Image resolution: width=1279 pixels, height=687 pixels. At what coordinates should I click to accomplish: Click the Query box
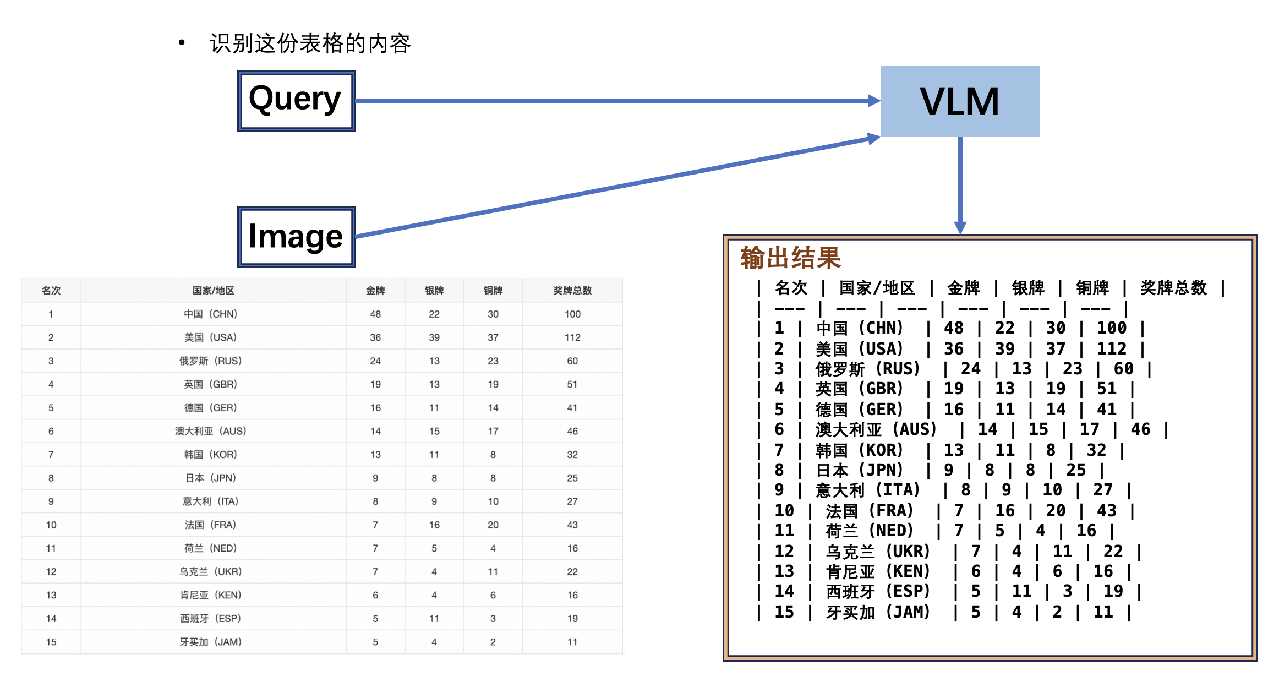(296, 101)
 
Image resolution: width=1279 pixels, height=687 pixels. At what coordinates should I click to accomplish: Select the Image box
(296, 237)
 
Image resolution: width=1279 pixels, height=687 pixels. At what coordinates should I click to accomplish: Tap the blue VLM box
(960, 101)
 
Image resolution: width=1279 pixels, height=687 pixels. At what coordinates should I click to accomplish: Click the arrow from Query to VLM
(616, 101)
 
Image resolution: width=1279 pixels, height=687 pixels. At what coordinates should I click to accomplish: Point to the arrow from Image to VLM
(616, 186)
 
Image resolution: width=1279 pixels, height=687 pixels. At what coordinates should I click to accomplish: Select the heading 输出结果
(790, 258)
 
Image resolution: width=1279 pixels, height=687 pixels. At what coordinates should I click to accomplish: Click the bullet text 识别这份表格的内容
(310, 43)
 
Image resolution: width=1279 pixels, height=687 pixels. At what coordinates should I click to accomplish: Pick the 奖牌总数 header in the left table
(572, 291)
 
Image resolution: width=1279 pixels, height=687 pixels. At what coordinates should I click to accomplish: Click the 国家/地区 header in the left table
(213, 291)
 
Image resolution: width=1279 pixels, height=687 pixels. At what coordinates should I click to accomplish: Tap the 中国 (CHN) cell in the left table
(210, 314)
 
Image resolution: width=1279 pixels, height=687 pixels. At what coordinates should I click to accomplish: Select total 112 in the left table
(572, 337)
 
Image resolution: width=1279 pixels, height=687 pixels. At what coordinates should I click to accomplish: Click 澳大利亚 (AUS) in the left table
(210, 432)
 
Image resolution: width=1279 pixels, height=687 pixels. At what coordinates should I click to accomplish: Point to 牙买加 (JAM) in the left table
(210, 642)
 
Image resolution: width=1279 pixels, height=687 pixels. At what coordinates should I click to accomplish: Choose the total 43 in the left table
(572, 525)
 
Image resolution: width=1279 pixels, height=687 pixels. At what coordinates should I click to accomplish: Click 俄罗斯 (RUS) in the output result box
(867, 369)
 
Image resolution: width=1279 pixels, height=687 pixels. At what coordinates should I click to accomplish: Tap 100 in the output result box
(1112, 328)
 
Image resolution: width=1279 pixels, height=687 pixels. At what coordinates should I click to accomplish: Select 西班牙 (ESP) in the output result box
(877, 592)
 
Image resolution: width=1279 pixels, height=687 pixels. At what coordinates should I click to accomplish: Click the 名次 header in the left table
(51, 291)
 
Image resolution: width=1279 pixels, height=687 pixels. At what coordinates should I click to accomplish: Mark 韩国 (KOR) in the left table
(210, 455)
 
